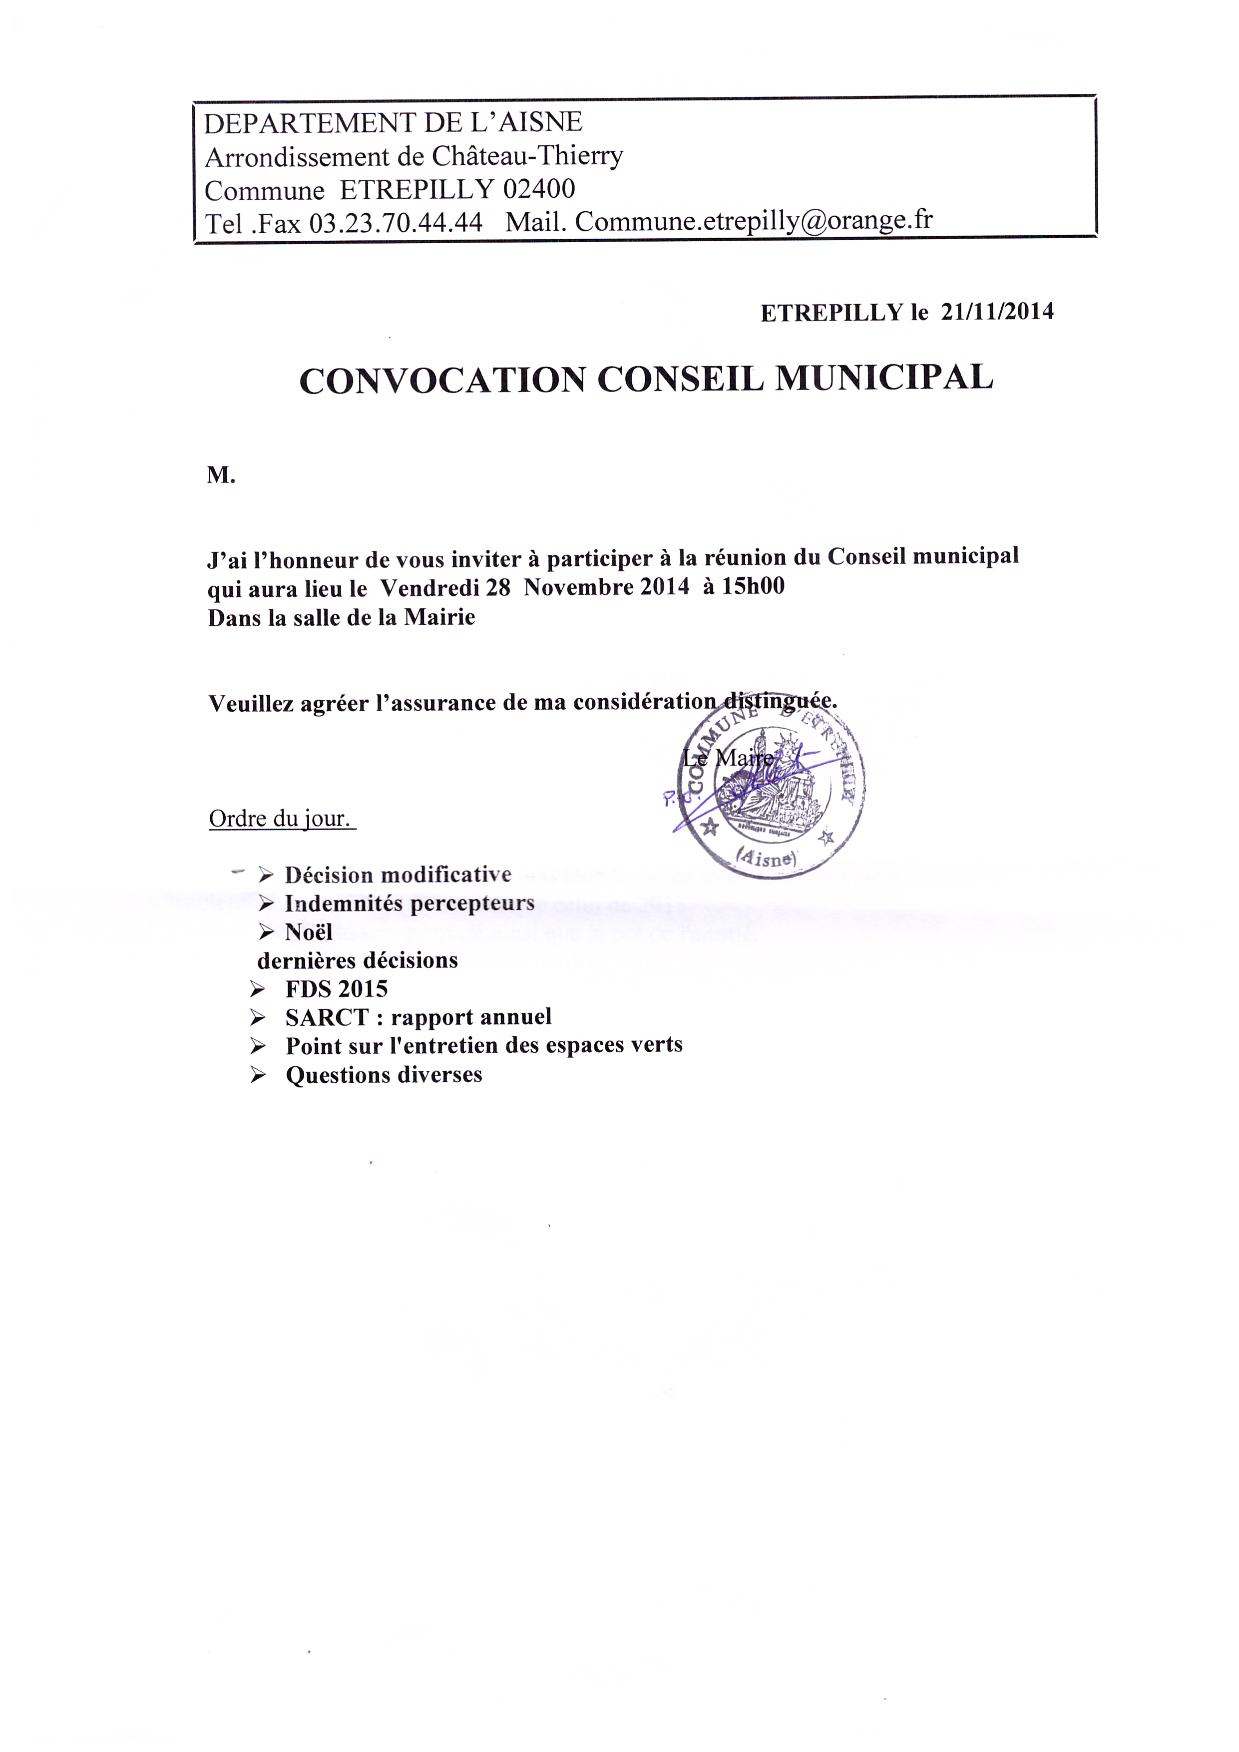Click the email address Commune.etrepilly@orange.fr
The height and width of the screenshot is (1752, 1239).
754,221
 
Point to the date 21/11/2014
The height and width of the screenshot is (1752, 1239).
997,311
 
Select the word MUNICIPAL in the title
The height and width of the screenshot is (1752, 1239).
884,377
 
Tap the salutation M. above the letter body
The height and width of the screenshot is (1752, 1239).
221,475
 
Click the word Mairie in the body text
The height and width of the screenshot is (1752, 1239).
439,617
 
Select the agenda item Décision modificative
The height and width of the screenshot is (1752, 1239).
398,875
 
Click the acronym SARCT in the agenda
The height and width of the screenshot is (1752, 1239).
327,1017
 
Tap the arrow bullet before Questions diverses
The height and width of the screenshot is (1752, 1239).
258,1075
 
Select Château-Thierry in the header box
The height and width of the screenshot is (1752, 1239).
527,156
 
